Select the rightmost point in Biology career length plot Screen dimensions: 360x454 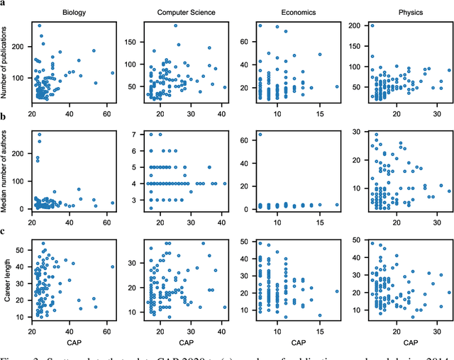click(x=112, y=266)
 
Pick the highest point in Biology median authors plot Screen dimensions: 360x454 click(x=39, y=134)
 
